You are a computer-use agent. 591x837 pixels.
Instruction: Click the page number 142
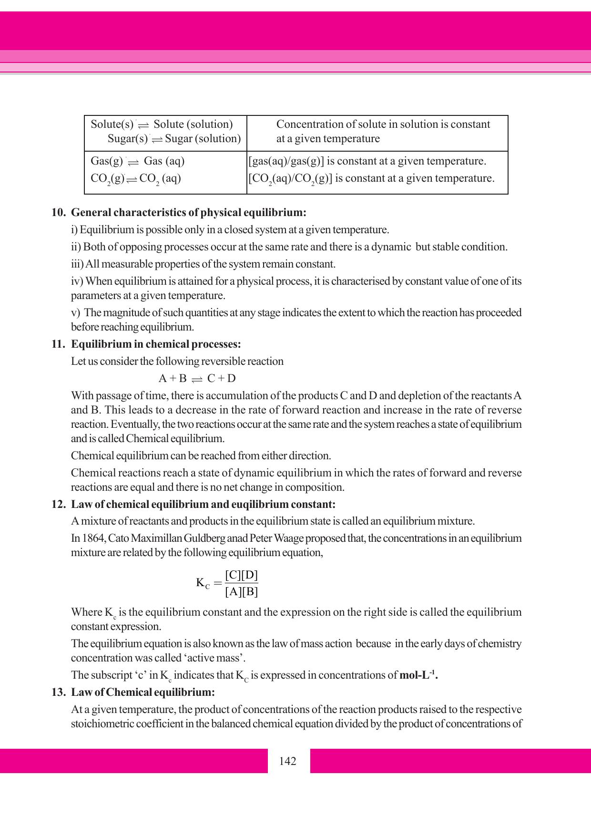coord(288,761)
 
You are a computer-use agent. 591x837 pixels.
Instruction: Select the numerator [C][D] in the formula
coord(241,575)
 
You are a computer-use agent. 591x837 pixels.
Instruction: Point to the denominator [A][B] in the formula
coord(241,592)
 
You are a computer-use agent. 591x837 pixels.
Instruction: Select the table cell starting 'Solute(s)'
coord(165,132)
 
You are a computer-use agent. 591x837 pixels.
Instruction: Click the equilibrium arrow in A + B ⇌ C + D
coord(196,379)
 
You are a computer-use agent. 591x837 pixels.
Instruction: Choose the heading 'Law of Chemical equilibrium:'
coord(143,692)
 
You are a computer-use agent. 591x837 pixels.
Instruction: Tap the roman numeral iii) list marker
coord(77,264)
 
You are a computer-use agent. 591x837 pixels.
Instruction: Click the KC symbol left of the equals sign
coord(203,583)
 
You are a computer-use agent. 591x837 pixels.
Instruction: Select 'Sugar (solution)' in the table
coord(203,139)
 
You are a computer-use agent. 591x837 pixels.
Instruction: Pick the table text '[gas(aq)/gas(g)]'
coord(286,161)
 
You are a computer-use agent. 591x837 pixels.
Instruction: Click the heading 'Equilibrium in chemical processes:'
coord(156,344)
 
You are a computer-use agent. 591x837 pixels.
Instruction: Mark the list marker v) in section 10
coord(75,313)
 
